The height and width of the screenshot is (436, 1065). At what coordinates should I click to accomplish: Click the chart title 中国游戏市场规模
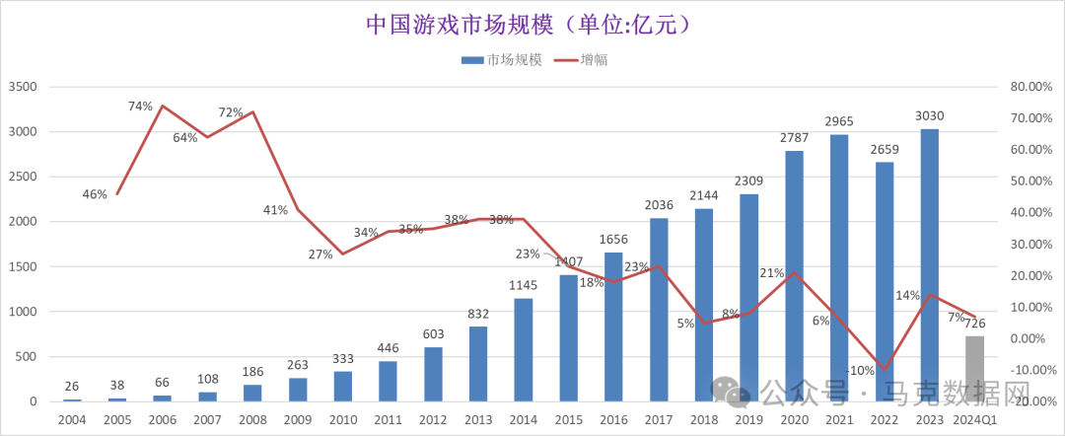pos(522,24)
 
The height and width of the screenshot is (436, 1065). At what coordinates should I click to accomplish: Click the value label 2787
pos(794,141)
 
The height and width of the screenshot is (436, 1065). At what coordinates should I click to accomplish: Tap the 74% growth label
pos(139,107)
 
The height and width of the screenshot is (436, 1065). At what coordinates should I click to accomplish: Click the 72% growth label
pos(231,112)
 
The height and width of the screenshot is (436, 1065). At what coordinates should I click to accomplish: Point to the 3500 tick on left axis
pos(23,87)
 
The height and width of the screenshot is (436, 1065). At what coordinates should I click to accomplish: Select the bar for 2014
pos(524,349)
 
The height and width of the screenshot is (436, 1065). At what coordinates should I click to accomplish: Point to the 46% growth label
pos(95,194)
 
